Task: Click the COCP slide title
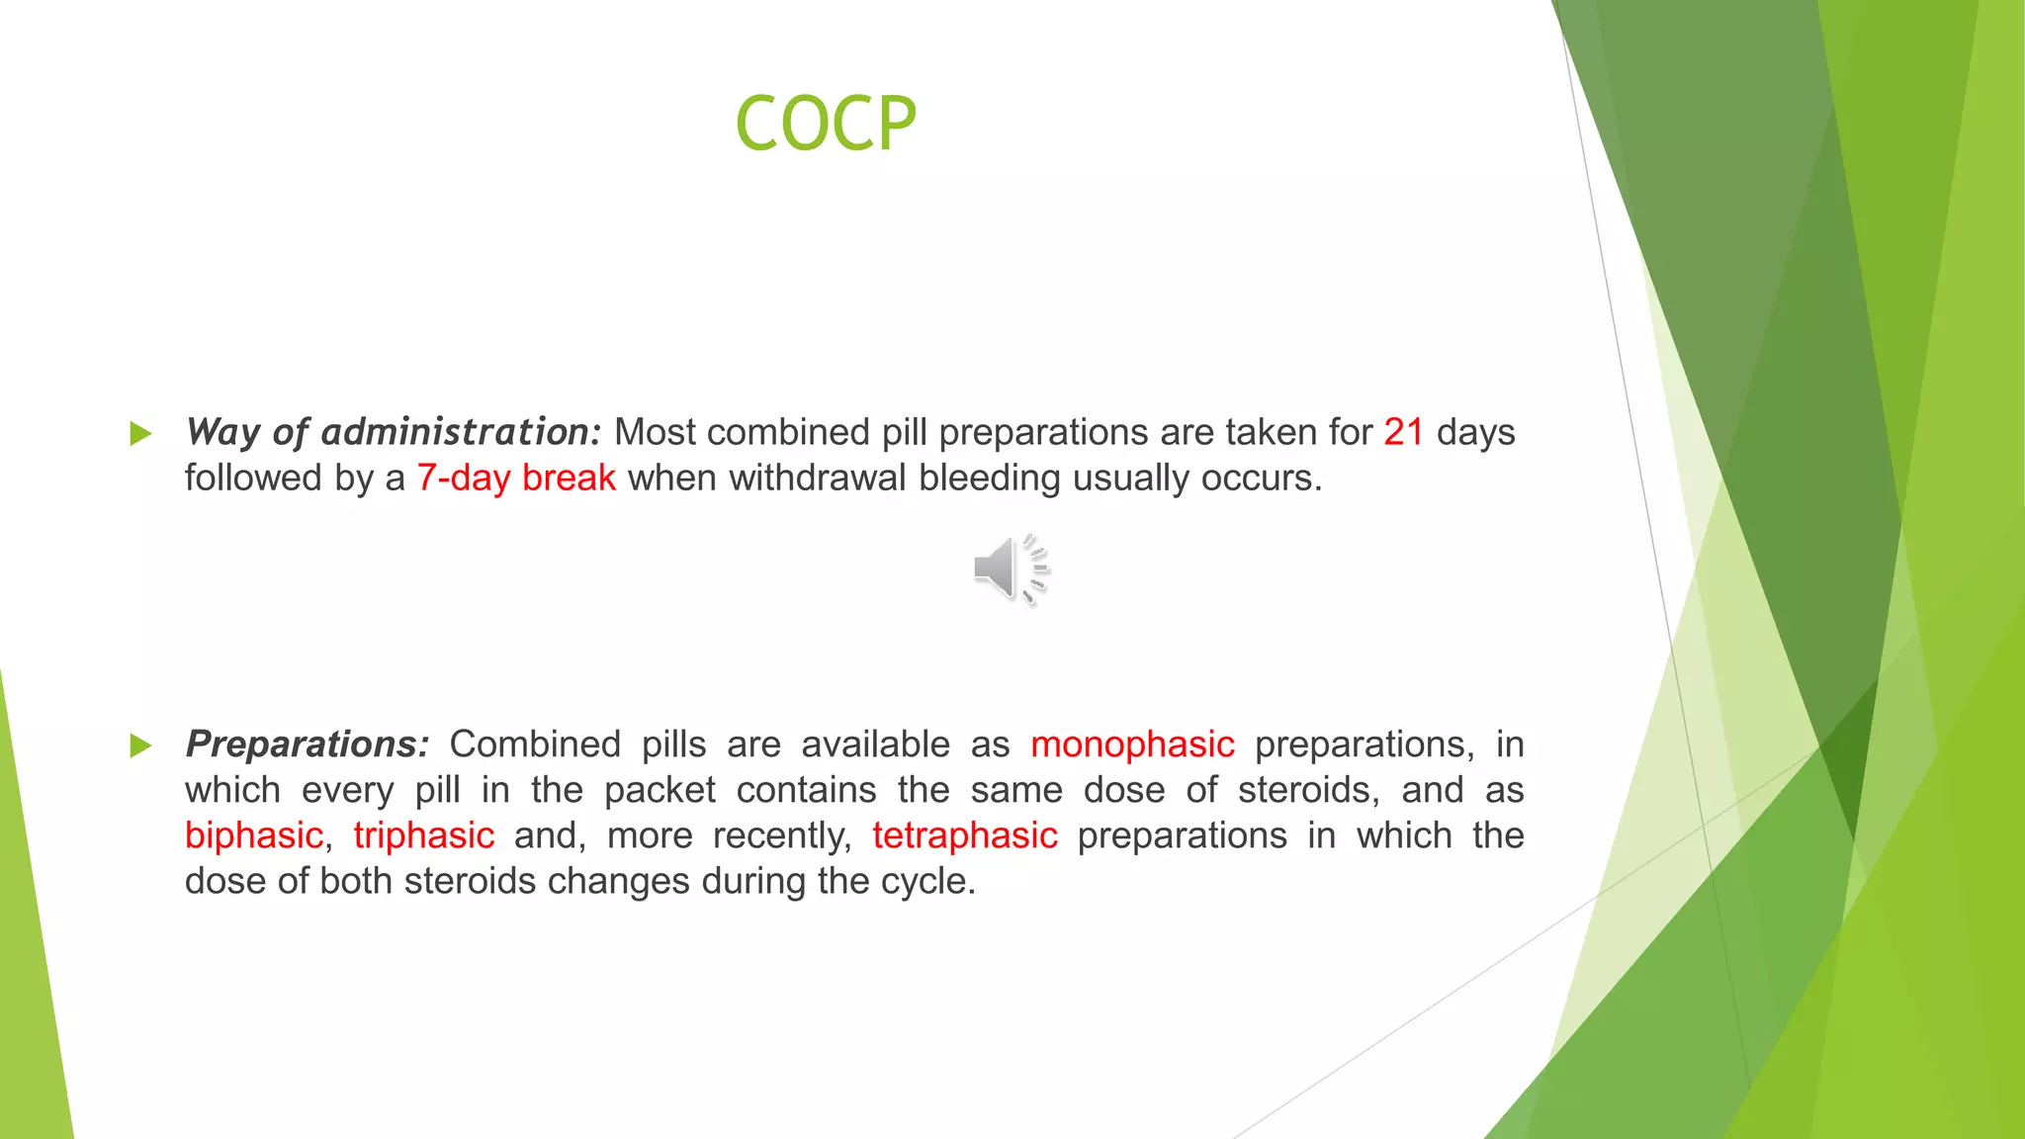[826, 124]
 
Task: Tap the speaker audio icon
[1009, 569]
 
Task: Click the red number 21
[1403, 432]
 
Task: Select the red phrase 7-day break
[516, 479]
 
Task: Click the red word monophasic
[1132, 745]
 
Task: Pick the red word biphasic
[254, 835]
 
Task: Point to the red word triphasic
[423, 835]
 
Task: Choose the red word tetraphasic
[964, 835]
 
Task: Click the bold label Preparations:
[308, 745]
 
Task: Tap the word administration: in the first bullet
[461, 432]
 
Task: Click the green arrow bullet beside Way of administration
[141, 433]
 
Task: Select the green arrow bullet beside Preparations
[141, 745]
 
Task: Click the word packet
[660, 790]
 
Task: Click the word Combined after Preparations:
[535, 745]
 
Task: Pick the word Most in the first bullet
[655, 432]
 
